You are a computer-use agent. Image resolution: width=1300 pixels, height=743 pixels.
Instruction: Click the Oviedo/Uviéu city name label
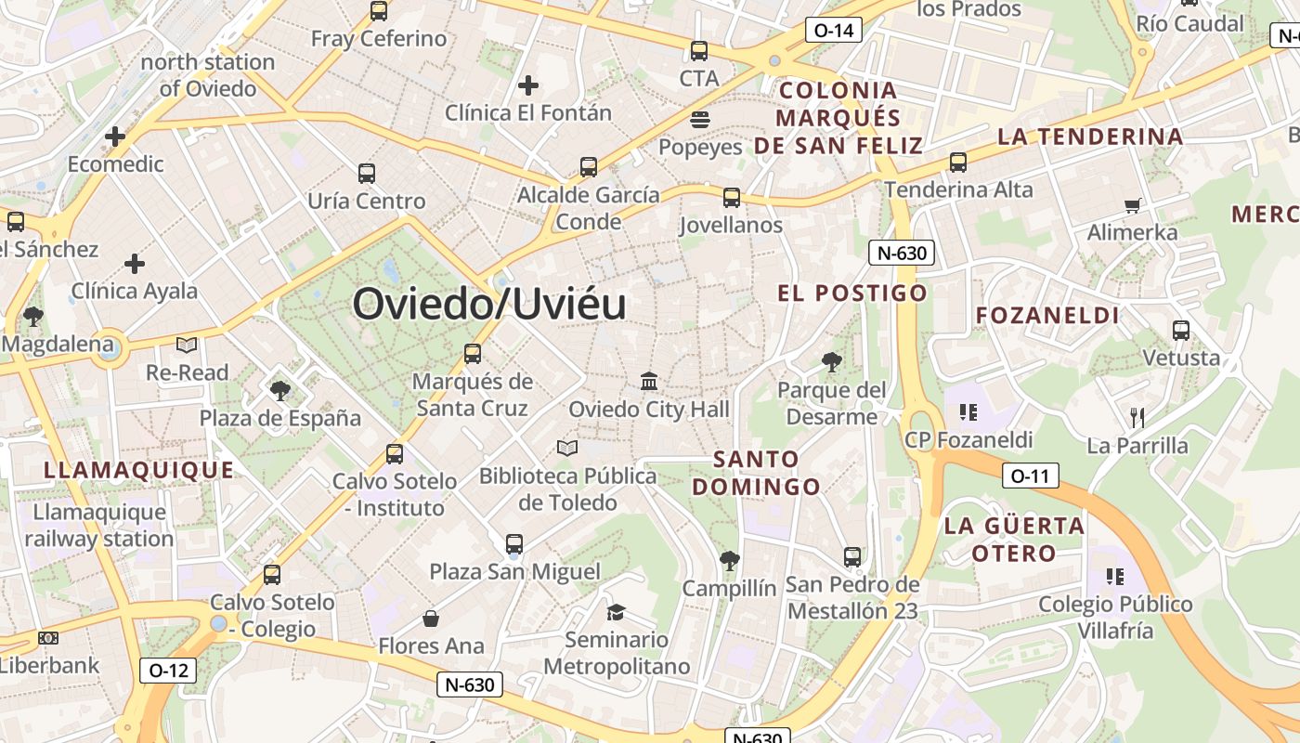[x=489, y=304]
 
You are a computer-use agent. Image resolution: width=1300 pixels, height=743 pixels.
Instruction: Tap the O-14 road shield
[x=833, y=30]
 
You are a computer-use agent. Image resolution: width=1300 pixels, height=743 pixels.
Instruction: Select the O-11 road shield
[x=1031, y=476]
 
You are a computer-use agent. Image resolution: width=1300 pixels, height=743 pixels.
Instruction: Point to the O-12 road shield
[x=168, y=670]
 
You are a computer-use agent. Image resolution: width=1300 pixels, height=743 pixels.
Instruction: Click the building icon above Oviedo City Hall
[x=649, y=381]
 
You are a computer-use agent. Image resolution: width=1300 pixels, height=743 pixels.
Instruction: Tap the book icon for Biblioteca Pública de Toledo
[x=567, y=448]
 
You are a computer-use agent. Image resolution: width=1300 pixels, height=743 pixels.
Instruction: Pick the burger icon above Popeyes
[x=700, y=119]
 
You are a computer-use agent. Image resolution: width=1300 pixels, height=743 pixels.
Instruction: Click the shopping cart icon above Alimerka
[x=1132, y=205]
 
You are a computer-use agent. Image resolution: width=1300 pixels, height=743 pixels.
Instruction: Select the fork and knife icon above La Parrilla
[x=1137, y=417]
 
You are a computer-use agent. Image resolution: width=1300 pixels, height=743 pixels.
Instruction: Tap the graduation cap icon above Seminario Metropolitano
[x=616, y=611]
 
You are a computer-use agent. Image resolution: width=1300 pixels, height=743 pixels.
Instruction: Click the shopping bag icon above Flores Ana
[x=431, y=618]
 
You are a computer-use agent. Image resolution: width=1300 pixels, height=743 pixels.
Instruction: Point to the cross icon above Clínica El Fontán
[x=528, y=85]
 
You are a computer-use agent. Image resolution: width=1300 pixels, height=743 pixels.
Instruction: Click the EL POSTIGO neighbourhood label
[x=852, y=293]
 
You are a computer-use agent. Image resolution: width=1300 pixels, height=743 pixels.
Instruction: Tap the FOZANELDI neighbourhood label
[x=1047, y=315]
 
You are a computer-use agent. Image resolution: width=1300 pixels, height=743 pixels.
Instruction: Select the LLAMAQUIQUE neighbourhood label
[x=139, y=470]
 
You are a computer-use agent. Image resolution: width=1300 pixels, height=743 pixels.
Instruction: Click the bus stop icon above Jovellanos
[x=732, y=197]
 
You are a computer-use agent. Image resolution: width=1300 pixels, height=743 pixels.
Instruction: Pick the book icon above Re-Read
[x=187, y=345]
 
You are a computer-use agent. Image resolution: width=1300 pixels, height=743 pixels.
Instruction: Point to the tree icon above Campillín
[x=729, y=560]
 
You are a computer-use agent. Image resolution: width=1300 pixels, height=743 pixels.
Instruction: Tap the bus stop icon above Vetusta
[x=1181, y=330]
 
